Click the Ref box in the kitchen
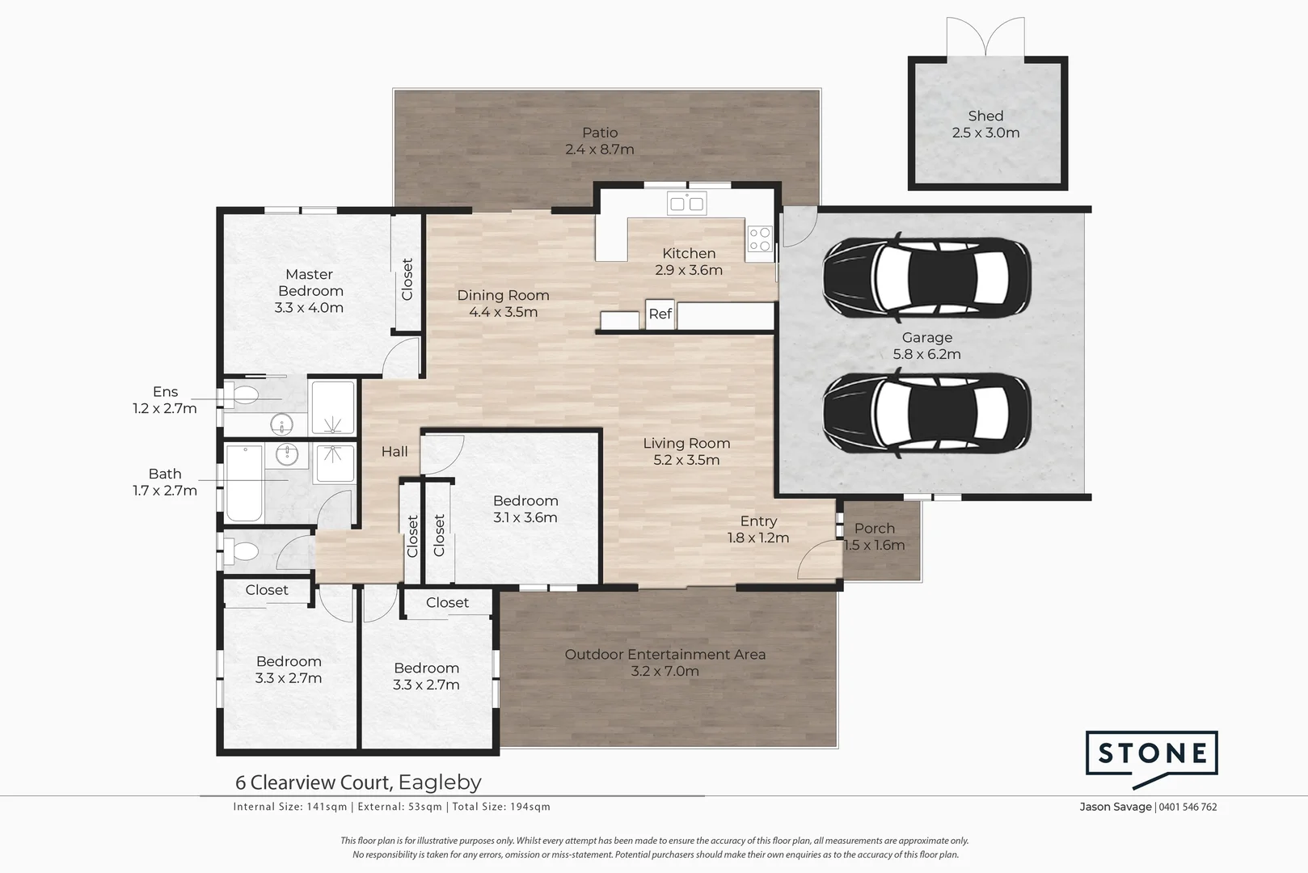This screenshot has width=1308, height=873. tap(660, 314)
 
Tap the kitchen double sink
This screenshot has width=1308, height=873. tap(686, 203)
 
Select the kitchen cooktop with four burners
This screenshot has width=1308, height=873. tap(759, 238)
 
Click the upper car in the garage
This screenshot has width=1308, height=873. tap(926, 279)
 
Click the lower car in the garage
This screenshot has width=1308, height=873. tap(926, 415)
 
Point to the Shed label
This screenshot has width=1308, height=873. tap(985, 116)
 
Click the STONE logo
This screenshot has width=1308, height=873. tap(1151, 756)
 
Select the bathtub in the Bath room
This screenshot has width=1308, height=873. tap(243, 483)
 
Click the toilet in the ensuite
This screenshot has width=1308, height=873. tap(242, 395)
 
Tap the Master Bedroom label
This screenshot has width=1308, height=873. tap(310, 283)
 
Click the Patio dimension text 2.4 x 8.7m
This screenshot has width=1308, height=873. tap(600, 150)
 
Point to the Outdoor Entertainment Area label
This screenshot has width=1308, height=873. tap(665, 655)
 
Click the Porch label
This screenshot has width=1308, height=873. tap(875, 528)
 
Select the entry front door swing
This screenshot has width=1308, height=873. tap(818, 560)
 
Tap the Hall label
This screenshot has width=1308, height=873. tap(395, 452)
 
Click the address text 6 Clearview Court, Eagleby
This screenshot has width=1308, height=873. tap(358, 782)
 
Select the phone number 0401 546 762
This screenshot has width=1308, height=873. tap(1188, 807)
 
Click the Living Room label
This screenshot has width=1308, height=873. tap(686, 443)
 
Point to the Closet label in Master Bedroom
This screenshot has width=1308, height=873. tap(407, 280)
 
